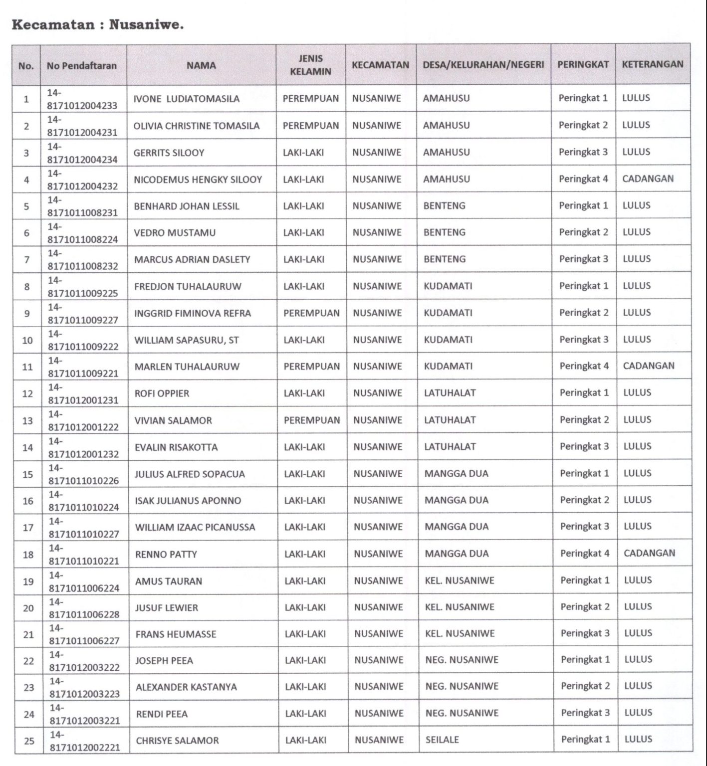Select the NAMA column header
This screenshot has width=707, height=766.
tap(201, 65)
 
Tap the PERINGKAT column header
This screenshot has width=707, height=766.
tap(583, 64)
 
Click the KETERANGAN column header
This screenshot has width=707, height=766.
tap(652, 64)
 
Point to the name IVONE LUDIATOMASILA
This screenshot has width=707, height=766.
tap(186, 99)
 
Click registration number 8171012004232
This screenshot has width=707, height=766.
tap(82, 186)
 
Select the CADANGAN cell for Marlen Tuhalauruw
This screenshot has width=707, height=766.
tap(648, 366)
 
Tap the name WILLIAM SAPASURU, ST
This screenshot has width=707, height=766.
tap(186, 340)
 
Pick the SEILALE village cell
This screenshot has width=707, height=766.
tap(442, 740)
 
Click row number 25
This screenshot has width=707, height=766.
tap(29, 741)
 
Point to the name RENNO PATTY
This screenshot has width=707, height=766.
tap(166, 554)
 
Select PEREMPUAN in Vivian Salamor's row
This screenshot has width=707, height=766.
tap(311, 420)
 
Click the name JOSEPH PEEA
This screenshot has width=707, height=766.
tap(164, 661)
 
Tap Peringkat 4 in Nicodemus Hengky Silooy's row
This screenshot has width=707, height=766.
tap(583, 179)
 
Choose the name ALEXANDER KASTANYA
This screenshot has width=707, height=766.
tap(186, 687)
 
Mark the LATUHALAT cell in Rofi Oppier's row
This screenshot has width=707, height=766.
tap(450, 393)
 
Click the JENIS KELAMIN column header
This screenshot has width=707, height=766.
tap(310, 65)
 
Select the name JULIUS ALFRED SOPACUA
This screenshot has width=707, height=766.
tap(190, 474)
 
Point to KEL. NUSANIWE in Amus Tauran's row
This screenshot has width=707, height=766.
tap(459, 580)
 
